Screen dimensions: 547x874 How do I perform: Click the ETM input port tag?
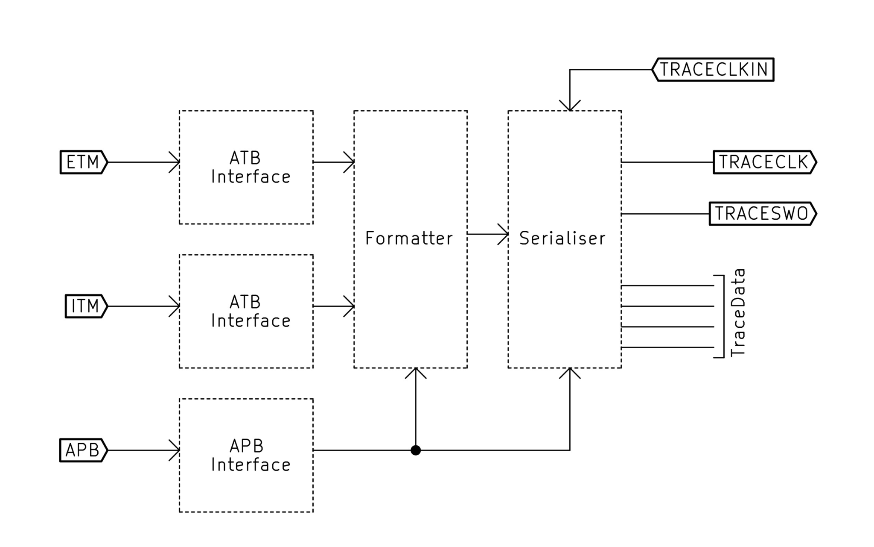83,162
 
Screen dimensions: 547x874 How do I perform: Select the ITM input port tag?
85,306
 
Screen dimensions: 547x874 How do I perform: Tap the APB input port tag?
83,450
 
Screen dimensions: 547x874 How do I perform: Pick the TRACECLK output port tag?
764,162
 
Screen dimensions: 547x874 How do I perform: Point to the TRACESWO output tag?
762,213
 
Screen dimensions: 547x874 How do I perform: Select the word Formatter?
409,238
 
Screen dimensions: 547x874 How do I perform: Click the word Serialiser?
562,238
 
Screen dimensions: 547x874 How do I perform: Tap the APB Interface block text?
251,456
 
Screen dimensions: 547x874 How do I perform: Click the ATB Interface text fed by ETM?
251,168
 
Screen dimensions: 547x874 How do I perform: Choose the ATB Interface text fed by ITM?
251,312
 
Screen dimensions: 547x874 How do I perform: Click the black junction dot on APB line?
416,450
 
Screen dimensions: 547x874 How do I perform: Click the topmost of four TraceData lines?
667,285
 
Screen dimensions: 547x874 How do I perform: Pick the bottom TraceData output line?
667,347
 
